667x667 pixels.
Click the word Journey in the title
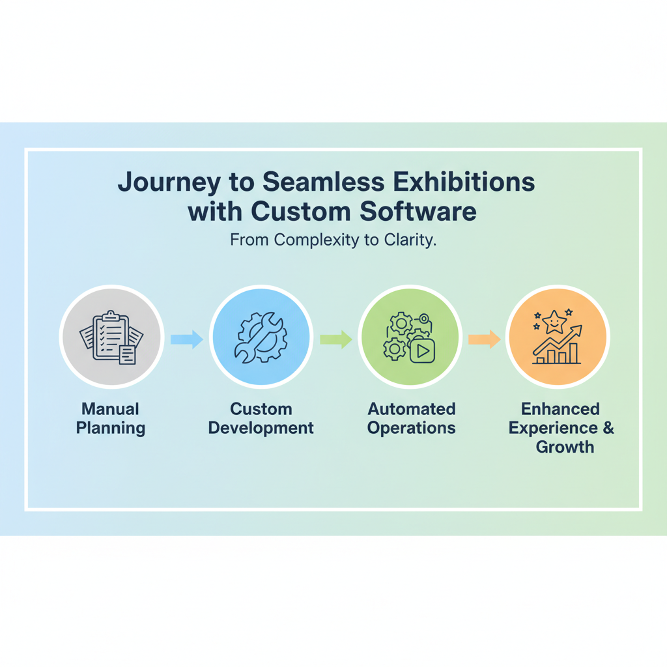point(169,183)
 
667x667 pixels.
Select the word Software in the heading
point(418,212)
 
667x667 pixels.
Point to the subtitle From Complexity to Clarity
point(333,240)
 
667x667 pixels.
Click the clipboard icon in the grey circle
point(111,336)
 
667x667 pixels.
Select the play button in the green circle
point(422,350)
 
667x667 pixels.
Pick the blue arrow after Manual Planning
point(187,339)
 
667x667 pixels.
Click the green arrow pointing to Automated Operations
point(335,339)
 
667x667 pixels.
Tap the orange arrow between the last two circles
point(484,339)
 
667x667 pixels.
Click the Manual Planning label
point(111,419)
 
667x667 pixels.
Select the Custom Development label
point(261,419)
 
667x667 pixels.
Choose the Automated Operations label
point(412,419)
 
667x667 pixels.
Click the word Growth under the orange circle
point(565,447)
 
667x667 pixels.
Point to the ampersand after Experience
point(609,427)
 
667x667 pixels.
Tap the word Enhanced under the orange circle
point(561,409)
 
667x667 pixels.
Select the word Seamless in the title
point(323,182)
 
